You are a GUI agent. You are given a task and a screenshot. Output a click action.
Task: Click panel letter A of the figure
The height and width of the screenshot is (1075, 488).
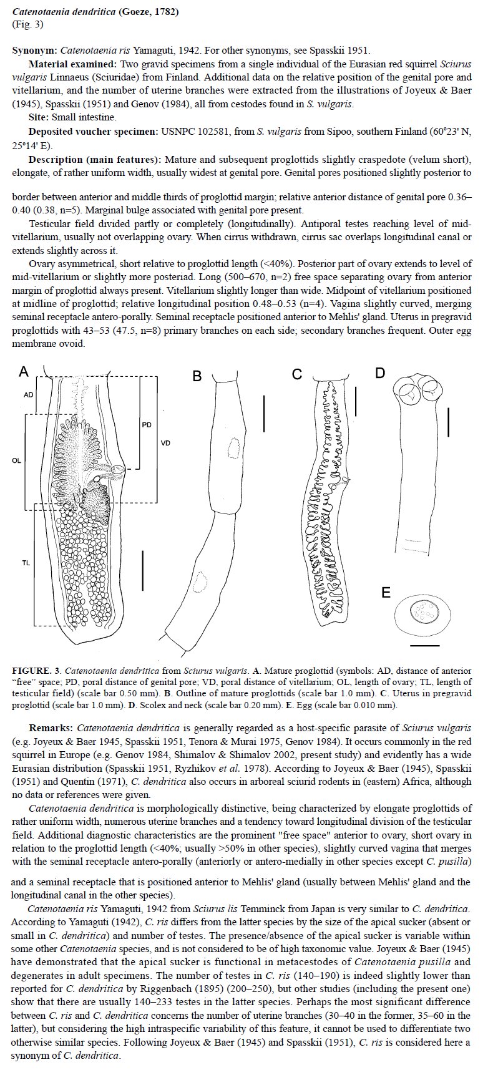(x=24, y=372)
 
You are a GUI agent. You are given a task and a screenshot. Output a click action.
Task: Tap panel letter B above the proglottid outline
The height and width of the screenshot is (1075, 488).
(x=197, y=376)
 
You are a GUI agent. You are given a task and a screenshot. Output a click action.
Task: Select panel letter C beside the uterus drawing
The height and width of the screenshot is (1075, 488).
(x=297, y=374)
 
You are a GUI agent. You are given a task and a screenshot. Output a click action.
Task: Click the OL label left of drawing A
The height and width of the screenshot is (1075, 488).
(x=16, y=460)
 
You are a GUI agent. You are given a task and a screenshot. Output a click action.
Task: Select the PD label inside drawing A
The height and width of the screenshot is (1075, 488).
(x=147, y=425)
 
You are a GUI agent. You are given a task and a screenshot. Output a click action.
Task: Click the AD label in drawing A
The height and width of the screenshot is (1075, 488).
(x=28, y=395)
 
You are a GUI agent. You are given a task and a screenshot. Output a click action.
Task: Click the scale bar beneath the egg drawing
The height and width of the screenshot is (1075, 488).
(x=425, y=645)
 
